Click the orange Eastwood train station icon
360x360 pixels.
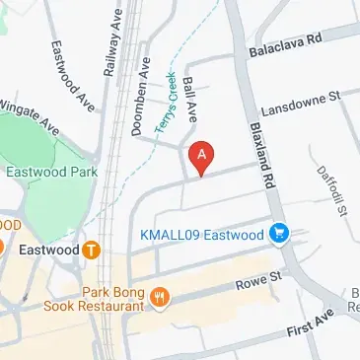91,251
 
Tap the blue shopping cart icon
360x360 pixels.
280,234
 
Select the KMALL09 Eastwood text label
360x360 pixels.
200,235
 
